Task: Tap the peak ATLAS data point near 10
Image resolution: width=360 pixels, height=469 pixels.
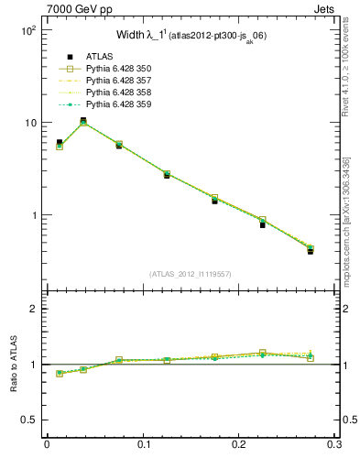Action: (x=83, y=120)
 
